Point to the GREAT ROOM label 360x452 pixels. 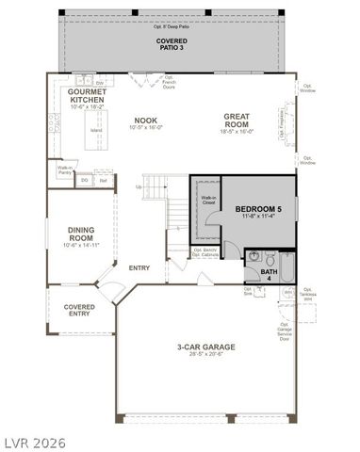[236, 121]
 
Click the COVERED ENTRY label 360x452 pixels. [78, 311]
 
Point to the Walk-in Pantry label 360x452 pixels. [65, 171]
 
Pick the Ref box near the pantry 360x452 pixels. [103, 179]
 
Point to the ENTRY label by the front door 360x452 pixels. [139, 268]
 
